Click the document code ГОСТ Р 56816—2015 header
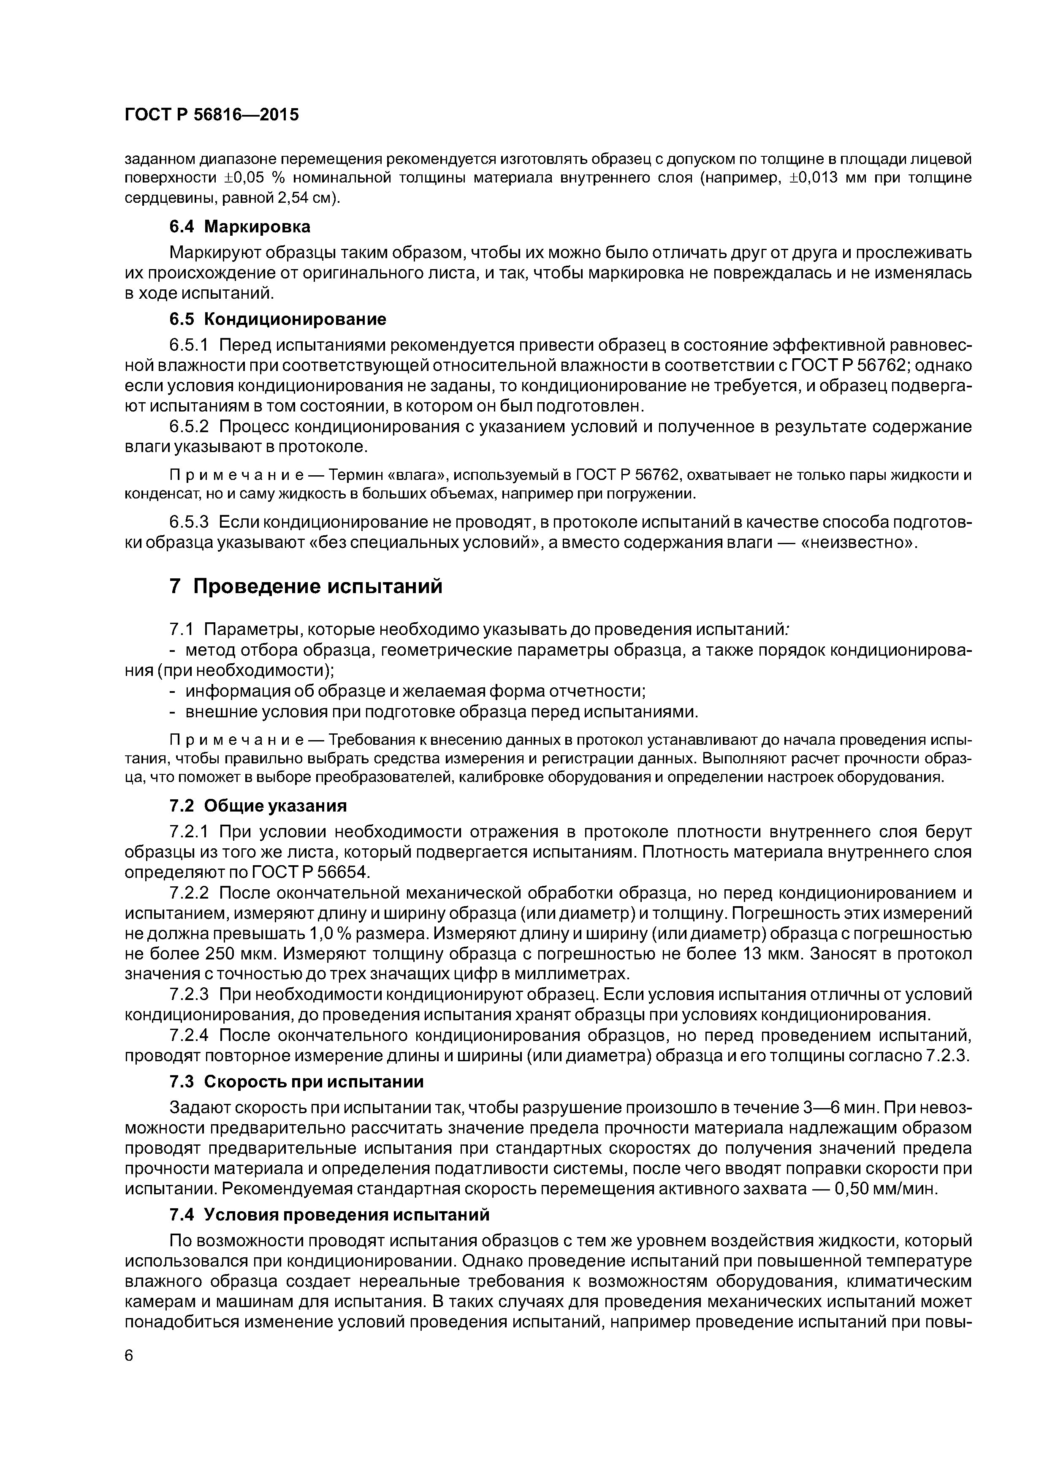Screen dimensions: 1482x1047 [212, 115]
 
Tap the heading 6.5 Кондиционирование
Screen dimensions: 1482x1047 [277, 319]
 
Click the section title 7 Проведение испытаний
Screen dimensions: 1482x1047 [306, 587]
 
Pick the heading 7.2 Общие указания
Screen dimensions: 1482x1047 [258, 806]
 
